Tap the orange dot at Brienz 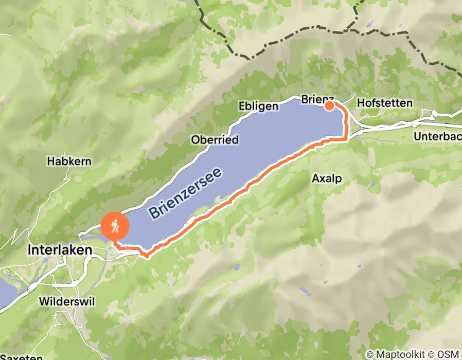pyautogui.click(x=329, y=106)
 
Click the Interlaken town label pyautogui.click(x=59, y=250)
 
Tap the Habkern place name pyautogui.click(x=69, y=161)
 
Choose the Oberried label pyautogui.click(x=215, y=140)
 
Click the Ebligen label pyautogui.click(x=259, y=106)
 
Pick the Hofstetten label pyautogui.click(x=384, y=103)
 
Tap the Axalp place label pyautogui.click(x=327, y=178)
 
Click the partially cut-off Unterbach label pyautogui.click(x=437, y=136)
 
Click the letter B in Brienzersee pyautogui.click(x=153, y=213)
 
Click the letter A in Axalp pyautogui.click(x=315, y=178)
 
